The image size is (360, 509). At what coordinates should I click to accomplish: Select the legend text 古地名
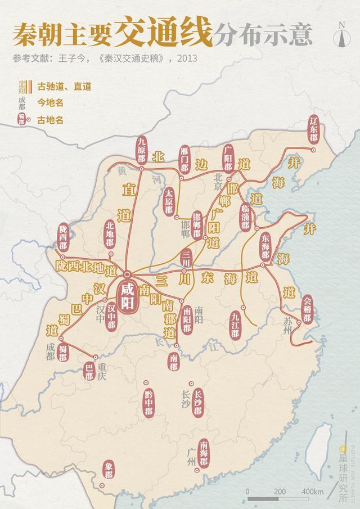click(50, 120)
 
